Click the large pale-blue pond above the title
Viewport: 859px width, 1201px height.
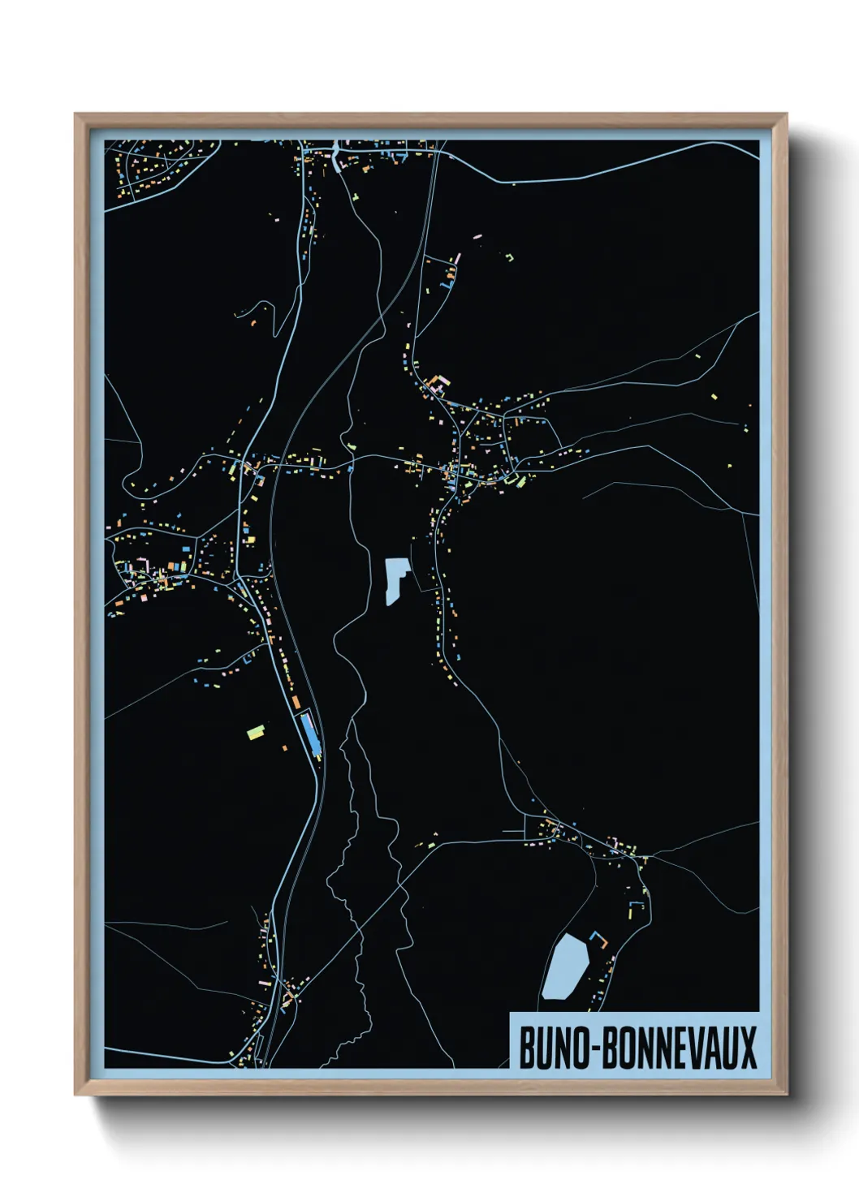click(565, 966)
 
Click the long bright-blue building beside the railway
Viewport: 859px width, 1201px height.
click(309, 733)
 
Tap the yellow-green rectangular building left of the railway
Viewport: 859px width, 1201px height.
click(256, 732)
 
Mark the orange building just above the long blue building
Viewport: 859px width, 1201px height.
click(296, 700)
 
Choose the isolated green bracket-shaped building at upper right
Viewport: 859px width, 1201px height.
click(510, 258)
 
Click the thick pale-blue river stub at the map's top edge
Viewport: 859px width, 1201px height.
click(335, 154)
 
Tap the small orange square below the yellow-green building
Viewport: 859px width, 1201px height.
click(284, 747)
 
